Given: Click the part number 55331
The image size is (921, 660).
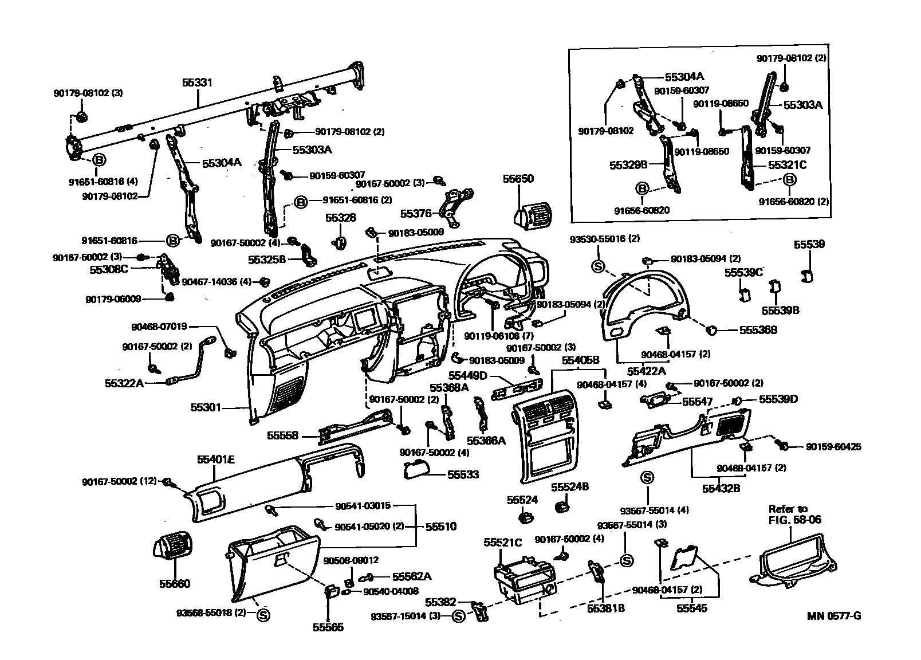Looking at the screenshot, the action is point(198,82).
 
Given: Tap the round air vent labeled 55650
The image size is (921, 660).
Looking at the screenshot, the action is point(533,214).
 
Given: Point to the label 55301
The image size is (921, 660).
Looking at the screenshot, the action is point(206,407).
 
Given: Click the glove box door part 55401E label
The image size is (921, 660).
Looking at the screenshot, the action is point(216,459).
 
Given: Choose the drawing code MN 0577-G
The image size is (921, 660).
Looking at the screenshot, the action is point(834,615).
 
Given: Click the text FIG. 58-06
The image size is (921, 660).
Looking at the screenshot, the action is point(795,520).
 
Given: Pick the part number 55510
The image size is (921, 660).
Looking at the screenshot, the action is point(441,527).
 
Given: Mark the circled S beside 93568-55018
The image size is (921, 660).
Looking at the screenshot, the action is point(263,615).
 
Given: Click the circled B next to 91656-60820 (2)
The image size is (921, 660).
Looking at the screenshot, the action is point(789,180).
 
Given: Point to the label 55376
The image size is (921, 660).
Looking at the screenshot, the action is point(416,214).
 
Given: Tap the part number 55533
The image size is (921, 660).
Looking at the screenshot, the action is point(463,474).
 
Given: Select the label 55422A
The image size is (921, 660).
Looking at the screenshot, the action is point(646,371).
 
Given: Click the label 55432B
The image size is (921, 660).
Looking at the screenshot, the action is point(721,489).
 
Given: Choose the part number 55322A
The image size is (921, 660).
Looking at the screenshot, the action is point(124,383).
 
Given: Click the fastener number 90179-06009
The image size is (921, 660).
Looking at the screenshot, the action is point(113,299).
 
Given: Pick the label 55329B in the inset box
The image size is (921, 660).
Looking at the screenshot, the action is point(628,165).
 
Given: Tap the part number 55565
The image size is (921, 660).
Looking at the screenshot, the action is point(328,627).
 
